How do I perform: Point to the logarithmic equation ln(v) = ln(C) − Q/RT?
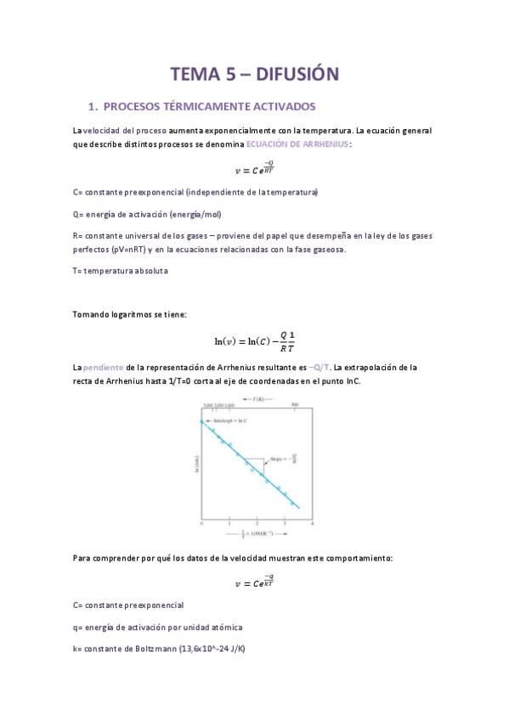[254, 340]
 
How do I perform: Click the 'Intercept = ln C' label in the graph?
[225, 422]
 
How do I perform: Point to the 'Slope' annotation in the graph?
[281, 459]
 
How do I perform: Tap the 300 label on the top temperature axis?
[294, 406]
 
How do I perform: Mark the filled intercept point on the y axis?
[202, 422]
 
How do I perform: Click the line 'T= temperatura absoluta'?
[121, 270]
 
